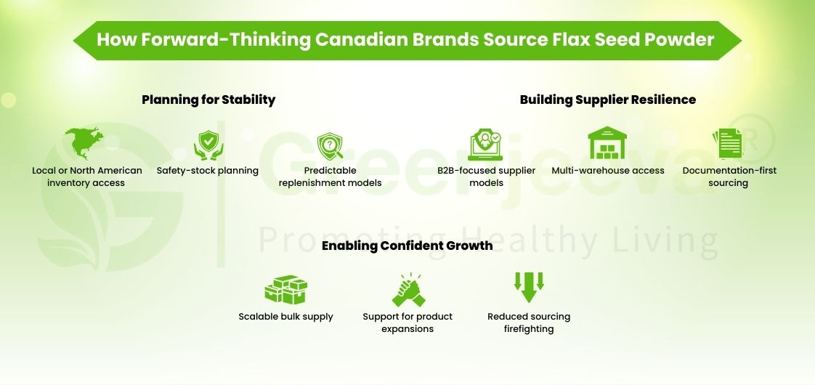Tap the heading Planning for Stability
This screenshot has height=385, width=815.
click(208, 100)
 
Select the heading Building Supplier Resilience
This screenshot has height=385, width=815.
click(607, 100)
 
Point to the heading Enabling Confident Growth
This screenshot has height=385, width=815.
click(407, 246)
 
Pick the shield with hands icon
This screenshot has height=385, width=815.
click(208, 144)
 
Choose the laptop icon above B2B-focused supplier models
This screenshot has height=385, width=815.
click(486, 144)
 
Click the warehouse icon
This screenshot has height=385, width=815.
click(607, 143)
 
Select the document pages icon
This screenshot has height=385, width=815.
click(729, 144)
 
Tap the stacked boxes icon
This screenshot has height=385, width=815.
click(285, 288)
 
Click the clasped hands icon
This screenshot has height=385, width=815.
click(408, 289)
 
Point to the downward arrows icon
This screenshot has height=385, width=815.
click(529, 287)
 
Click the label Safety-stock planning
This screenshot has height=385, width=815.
click(208, 171)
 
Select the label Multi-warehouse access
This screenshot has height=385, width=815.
click(607, 171)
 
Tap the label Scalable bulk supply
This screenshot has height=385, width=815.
click(285, 317)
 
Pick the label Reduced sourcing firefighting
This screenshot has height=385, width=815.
click(529, 323)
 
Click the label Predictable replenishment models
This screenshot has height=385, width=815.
click(330, 177)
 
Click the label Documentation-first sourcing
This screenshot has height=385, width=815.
click(729, 177)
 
